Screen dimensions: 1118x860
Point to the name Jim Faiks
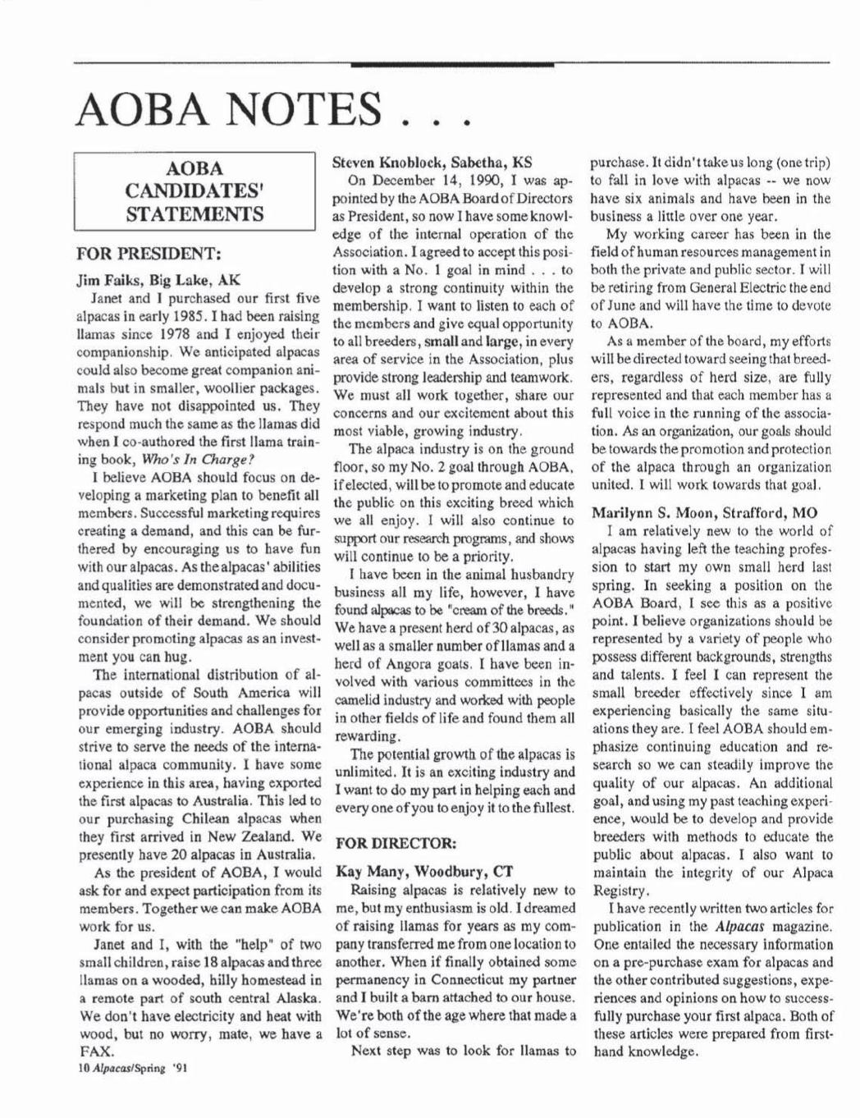pos(103,278)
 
